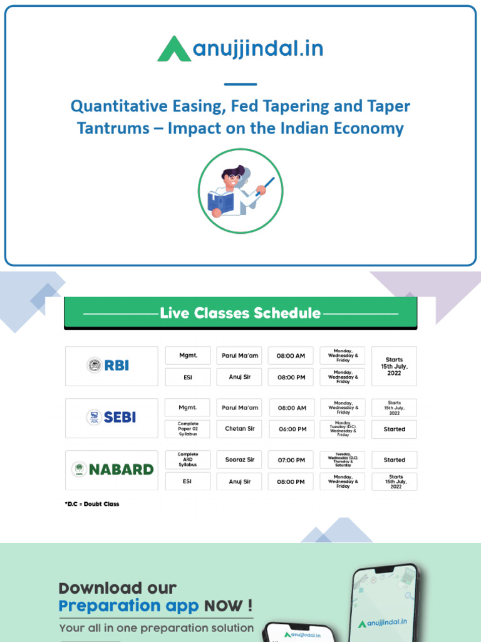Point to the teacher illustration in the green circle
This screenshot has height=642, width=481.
click(x=240, y=191)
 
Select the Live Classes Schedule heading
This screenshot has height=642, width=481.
click(x=240, y=313)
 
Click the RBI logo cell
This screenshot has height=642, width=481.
click(x=111, y=366)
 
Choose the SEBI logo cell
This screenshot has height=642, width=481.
click(x=111, y=418)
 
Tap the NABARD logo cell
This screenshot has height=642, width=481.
click(x=111, y=470)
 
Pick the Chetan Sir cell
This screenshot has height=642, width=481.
click(x=240, y=429)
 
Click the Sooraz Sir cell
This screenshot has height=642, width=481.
click(x=240, y=460)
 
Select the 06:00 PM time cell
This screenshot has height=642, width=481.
click(x=291, y=429)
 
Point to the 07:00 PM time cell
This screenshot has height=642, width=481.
click(x=291, y=460)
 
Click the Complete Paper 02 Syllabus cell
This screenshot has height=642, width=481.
click(x=188, y=429)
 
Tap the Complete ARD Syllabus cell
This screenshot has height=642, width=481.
click(x=188, y=460)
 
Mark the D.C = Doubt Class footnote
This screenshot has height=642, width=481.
click(x=91, y=504)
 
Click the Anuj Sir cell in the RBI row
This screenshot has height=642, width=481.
click(x=240, y=377)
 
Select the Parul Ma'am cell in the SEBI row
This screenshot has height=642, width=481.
click(x=240, y=408)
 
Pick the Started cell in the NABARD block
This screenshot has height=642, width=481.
click(x=394, y=460)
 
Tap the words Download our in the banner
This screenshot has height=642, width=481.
click(x=118, y=588)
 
